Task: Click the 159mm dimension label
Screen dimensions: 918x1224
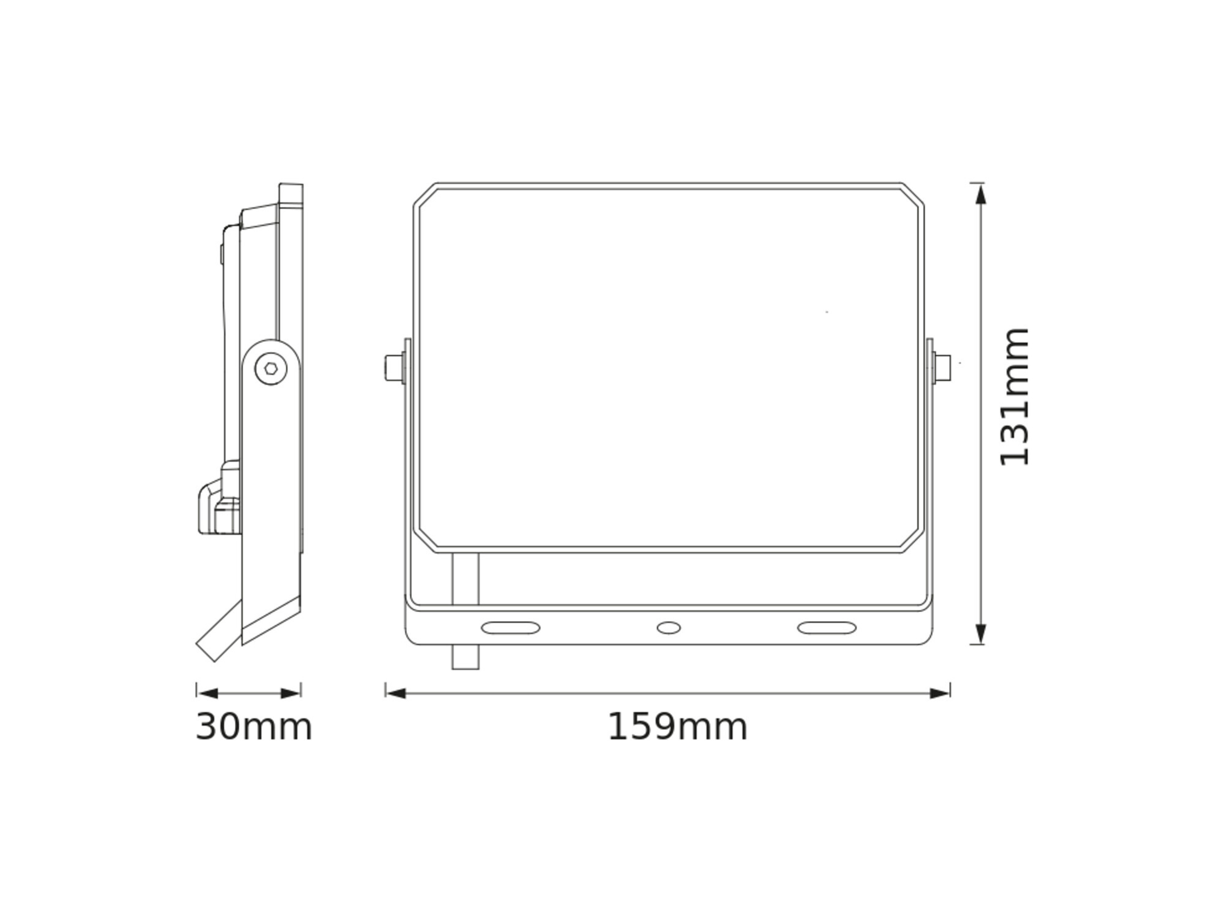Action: click(x=677, y=727)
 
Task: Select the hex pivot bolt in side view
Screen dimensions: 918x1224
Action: click(x=271, y=368)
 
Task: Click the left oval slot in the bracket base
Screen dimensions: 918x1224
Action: click(x=510, y=628)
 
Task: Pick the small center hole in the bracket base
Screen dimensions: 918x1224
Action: click(x=668, y=628)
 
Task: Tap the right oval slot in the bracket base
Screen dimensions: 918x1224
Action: click(x=826, y=628)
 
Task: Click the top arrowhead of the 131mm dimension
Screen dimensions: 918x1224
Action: click(x=980, y=195)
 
